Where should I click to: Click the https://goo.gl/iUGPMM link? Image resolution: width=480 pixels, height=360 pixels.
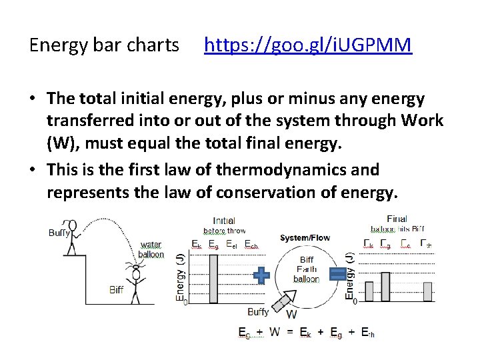pyautogui.click(x=308, y=45)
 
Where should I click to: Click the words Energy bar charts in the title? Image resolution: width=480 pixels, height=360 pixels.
pyautogui.click(x=105, y=45)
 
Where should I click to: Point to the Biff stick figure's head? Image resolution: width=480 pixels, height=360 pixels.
pyautogui.click(x=136, y=273)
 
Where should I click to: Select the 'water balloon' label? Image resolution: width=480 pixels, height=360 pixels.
pyautogui.click(x=151, y=249)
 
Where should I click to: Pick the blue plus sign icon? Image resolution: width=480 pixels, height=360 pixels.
pyautogui.click(x=262, y=275)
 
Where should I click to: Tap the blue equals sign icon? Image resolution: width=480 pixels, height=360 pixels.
pyautogui.click(x=338, y=274)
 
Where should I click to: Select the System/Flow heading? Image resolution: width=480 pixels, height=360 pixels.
pyautogui.click(x=304, y=238)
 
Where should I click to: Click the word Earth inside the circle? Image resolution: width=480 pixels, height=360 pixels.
pyautogui.click(x=307, y=269)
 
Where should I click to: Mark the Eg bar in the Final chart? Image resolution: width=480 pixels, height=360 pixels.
pyautogui.click(x=385, y=286)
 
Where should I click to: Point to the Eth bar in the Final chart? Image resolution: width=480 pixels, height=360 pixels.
pyautogui.click(x=427, y=291)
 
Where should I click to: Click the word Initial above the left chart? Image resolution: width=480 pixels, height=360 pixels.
pyautogui.click(x=224, y=221)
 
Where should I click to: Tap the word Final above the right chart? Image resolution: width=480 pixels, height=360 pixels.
pyautogui.click(x=397, y=219)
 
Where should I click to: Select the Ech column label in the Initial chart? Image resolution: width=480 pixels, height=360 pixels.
pyautogui.click(x=251, y=244)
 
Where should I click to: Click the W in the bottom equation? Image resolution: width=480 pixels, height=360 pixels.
pyautogui.click(x=275, y=331)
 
